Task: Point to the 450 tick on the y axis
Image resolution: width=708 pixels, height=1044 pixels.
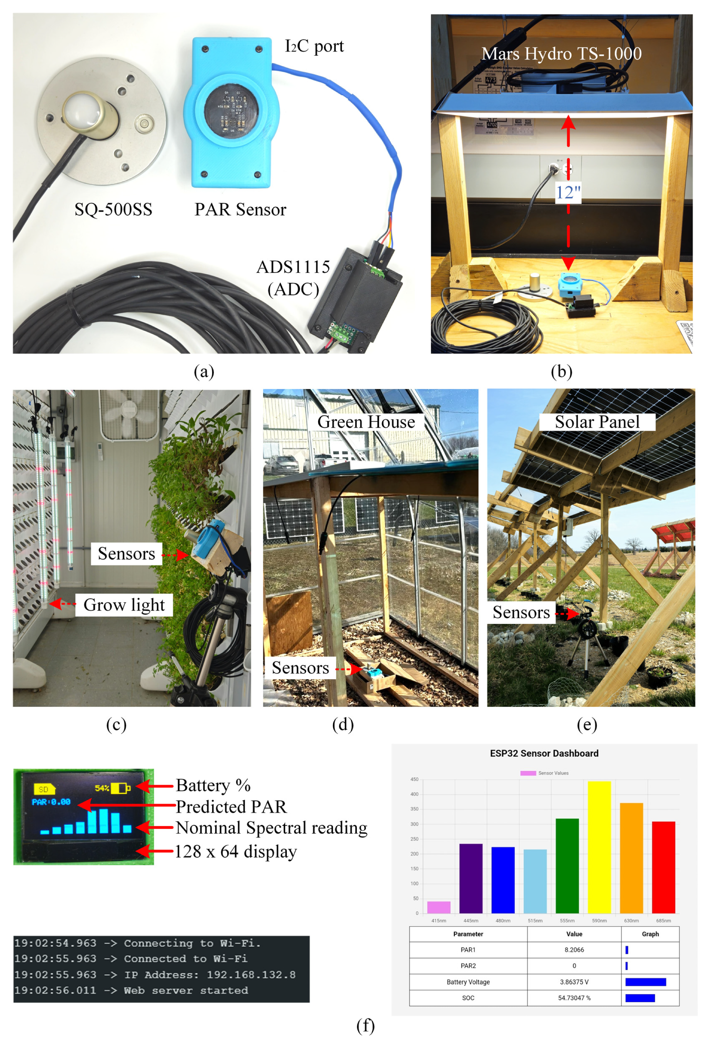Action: click(x=414, y=779)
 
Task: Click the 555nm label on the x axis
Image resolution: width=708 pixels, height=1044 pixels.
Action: click(x=567, y=920)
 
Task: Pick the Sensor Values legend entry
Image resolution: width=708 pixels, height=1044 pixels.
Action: click(x=544, y=773)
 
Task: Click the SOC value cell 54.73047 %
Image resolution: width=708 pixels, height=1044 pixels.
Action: click(x=574, y=998)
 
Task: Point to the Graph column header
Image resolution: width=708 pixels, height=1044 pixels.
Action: click(x=650, y=934)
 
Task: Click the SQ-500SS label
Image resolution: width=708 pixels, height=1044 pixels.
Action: click(x=113, y=209)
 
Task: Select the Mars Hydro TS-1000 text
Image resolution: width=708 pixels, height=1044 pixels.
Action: click(x=562, y=54)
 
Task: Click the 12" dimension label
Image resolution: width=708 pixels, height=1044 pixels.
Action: click(x=568, y=192)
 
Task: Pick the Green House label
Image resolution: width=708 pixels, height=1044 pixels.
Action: click(x=366, y=422)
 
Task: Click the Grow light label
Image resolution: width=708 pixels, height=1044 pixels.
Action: click(x=124, y=605)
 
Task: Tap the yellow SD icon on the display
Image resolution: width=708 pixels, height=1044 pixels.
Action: click(x=44, y=789)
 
